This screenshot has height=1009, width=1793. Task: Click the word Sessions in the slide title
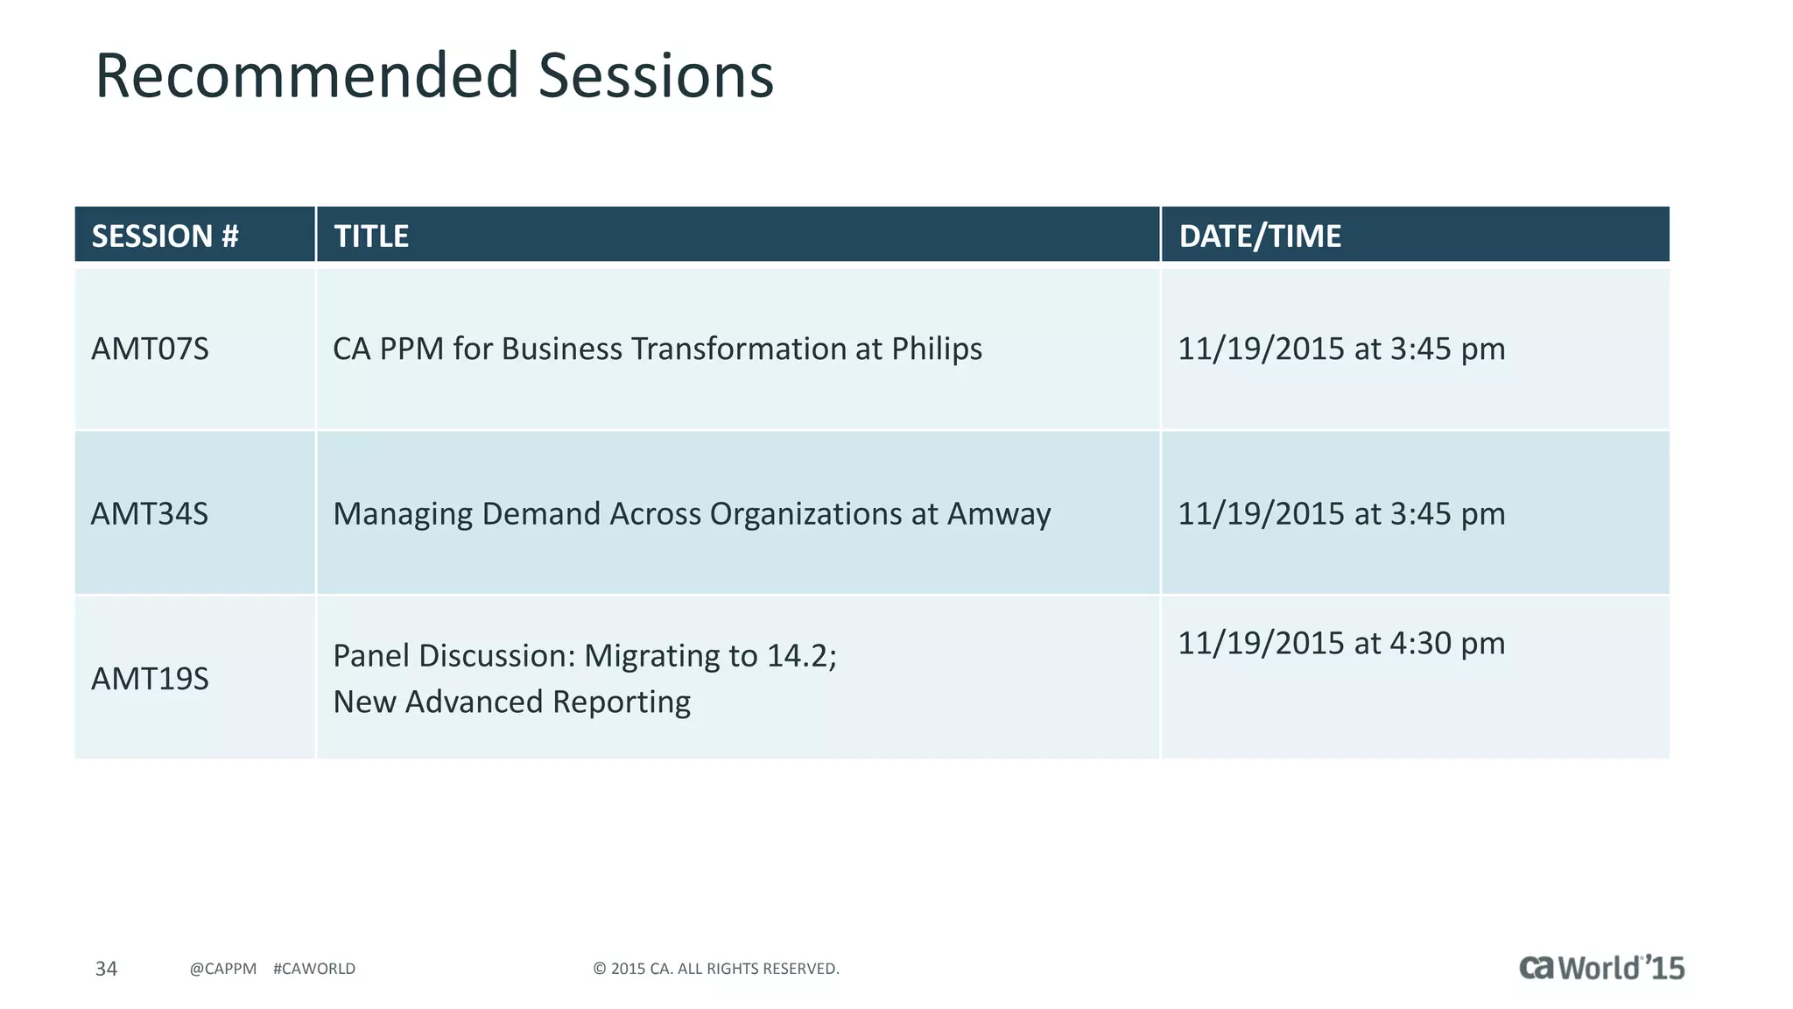(656, 75)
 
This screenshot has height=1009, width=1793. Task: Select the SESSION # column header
(165, 236)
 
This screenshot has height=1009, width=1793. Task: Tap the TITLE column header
(371, 236)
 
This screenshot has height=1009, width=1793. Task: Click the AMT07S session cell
(151, 349)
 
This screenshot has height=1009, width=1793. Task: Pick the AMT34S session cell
(151, 513)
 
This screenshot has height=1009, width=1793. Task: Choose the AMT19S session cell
(151, 679)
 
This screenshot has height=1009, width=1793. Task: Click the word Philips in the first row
(937, 349)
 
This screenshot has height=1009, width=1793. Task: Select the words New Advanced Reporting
(511, 702)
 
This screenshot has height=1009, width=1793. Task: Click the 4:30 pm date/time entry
(1340, 643)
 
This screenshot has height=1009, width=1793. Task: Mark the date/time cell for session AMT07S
(1340, 349)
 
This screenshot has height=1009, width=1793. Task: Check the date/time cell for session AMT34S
(1340, 513)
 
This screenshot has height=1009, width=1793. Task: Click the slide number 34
(106, 969)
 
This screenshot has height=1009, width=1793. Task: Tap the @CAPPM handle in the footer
(223, 969)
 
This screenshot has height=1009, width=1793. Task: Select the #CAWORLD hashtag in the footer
(314, 969)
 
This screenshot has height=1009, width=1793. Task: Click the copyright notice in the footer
(715, 969)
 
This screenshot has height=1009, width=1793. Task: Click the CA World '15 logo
(1601, 968)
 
